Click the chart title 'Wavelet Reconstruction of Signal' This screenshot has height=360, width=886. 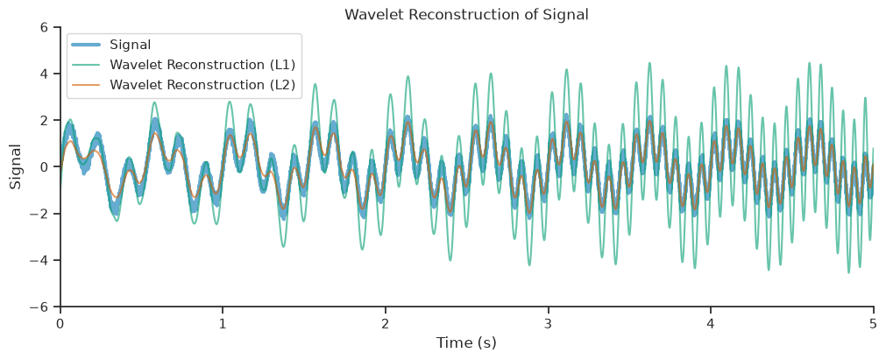[467, 15]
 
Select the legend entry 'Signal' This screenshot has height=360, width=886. [127, 44]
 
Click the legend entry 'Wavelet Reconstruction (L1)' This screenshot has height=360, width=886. [203, 65]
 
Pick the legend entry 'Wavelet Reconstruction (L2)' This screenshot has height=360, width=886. [203, 85]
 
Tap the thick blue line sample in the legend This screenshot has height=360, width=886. [87, 45]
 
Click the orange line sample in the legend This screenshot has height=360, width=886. [87, 85]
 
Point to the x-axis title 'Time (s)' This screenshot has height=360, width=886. [466, 342]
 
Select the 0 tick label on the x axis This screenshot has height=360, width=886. [60, 322]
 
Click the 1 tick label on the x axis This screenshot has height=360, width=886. [223, 322]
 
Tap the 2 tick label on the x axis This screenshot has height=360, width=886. [386, 322]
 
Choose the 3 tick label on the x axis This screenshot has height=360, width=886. [548, 322]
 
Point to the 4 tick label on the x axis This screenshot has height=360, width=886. [711, 322]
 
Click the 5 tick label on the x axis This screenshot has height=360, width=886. [874, 322]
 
